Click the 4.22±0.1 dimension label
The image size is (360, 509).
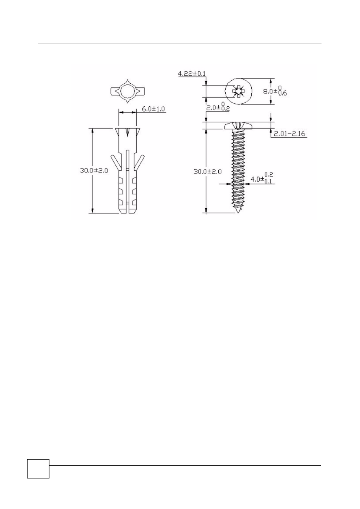point(191,74)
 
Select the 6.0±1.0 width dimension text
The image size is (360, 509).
point(153,109)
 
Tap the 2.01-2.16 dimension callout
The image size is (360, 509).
point(289,134)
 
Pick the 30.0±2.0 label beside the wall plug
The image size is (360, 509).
point(94,171)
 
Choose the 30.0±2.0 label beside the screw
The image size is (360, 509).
point(208,172)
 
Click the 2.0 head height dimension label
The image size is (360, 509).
point(218,107)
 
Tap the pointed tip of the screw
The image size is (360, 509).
point(238,213)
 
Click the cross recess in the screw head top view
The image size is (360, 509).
point(238,92)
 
